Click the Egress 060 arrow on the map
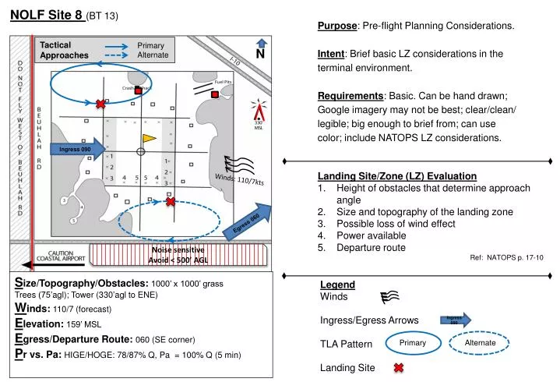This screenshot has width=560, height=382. (248, 222)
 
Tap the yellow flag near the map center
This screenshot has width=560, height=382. (149, 138)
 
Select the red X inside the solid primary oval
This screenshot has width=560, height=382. (100, 104)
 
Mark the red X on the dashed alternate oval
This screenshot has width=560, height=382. (170, 202)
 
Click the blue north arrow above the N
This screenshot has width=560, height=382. (262, 44)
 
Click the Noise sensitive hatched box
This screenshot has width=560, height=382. (178, 255)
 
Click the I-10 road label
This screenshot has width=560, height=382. (236, 62)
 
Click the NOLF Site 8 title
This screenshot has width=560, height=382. (46, 13)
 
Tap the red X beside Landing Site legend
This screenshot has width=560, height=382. (398, 368)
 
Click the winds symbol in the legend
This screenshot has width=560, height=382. (390, 297)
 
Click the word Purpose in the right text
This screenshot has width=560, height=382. (336, 26)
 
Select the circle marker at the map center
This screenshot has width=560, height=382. (140, 151)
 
